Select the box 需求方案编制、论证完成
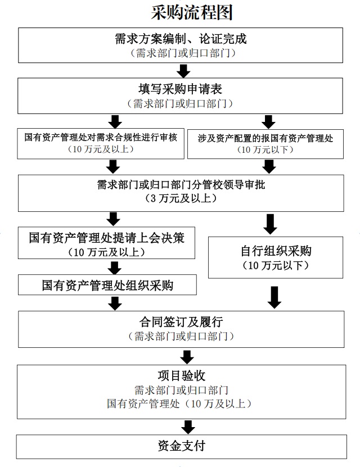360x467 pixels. coord(181,45)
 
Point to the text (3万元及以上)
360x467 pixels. coord(180,198)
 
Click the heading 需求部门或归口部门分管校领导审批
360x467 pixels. coord(181,185)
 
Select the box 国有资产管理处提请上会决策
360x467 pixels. coord(106,244)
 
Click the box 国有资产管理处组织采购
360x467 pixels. coord(107,285)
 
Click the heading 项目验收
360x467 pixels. coord(181,375)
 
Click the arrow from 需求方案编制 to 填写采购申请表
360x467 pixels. coord(183,70)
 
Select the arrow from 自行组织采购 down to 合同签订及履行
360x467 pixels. coord(274,297)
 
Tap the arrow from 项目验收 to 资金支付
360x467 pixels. coord(188,426)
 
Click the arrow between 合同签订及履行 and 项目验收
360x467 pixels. coord(188,356)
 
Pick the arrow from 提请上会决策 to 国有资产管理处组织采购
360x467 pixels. coord(116,267)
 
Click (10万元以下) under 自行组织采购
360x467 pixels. coord(275,265)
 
